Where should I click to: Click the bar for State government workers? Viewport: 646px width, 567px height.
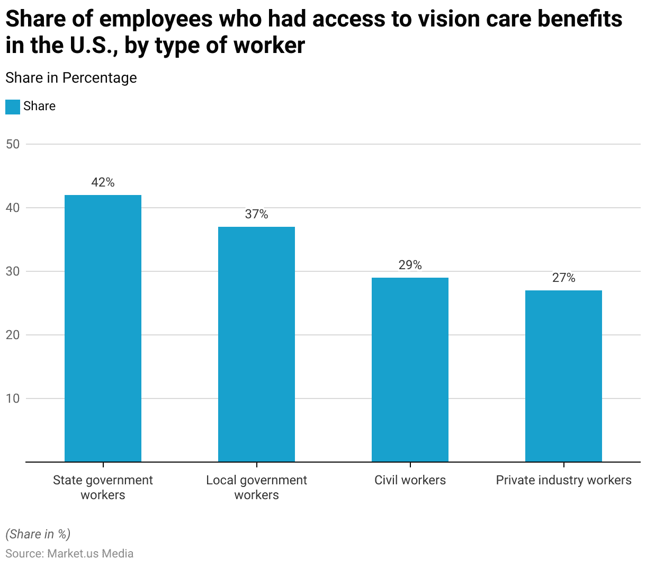point(103,329)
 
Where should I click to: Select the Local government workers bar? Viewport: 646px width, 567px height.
point(256,344)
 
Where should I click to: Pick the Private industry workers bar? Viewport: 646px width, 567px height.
point(563,376)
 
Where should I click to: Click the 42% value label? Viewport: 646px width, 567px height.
point(103,182)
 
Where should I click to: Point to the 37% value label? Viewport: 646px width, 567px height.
point(256,214)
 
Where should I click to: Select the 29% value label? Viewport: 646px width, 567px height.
point(410,265)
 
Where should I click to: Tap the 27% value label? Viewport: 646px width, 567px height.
point(563,278)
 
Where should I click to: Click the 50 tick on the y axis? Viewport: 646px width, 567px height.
point(13,144)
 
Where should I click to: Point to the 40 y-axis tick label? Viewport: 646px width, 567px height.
point(13,208)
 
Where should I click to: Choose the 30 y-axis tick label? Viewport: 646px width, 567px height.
point(13,271)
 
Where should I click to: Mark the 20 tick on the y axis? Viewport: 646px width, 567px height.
point(13,335)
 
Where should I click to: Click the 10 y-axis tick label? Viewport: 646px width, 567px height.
point(13,398)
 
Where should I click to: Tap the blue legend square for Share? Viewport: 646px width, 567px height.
point(13,107)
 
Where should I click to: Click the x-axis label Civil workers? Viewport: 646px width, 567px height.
point(410,480)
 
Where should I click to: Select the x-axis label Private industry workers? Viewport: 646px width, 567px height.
point(563,480)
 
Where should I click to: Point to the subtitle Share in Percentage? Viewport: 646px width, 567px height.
point(71,78)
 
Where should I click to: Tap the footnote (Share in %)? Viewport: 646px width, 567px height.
point(38,534)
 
